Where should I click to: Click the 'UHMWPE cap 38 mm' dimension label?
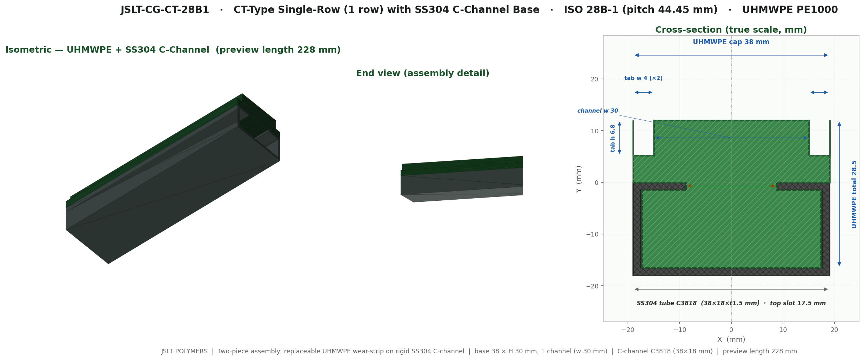[731, 42]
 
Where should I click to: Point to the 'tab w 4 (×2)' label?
[643, 78]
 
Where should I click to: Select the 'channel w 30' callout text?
[598, 111]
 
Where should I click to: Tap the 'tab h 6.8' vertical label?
[613, 138]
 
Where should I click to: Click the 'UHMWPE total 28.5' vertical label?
[854, 194]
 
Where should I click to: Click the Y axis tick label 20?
[595, 79]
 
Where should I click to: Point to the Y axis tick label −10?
[592, 234]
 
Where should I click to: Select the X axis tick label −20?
[628, 330]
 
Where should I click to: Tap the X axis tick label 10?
[783, 330]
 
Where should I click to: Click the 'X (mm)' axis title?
[731, 340]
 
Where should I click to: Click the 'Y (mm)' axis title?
[579, 179]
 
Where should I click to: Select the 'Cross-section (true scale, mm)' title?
[731, 30]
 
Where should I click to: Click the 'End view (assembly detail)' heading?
[423, 73]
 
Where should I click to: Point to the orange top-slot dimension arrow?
[731, 186]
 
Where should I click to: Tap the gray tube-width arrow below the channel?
[731, 289]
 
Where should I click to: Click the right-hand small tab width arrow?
[819, 92]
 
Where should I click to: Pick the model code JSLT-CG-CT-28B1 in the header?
[165, 10]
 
